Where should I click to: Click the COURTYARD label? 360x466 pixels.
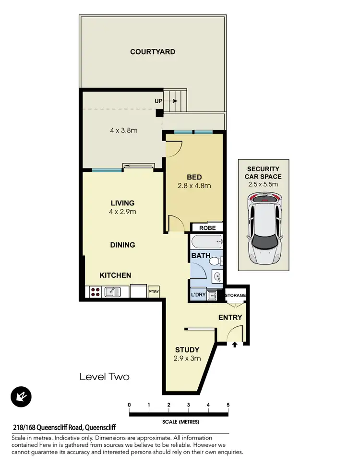pyautogui.click(x=153, y=52)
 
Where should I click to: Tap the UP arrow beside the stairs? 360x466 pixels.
pyautogui.click(x=173, y=101)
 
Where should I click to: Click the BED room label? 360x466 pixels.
pyautogui.click(x=194, y=177)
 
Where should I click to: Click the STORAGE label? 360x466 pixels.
pyautogui.click(x=235, y=296)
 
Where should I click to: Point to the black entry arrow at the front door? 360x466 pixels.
pyautogui.click(x=234, y=344)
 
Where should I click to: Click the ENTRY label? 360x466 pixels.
pyautogui.click(x=230, y=318)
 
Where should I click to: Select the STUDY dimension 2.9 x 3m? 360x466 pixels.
pyautogui.click(x=187, y=358)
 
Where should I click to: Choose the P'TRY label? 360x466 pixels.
pyautogui.click(x=154, y=292)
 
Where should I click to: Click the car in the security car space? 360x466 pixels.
pyautogui.click(x=263, y=229)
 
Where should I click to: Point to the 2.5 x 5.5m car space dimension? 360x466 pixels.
pyautogui.click(x=263, y=184)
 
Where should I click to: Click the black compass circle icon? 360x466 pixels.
pyautogui.click(x=21, y=397)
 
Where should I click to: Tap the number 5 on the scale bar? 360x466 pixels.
pyautogui.click(x=228, y=405)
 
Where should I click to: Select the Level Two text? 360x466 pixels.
pyautogui.click(x=104, y=377)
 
